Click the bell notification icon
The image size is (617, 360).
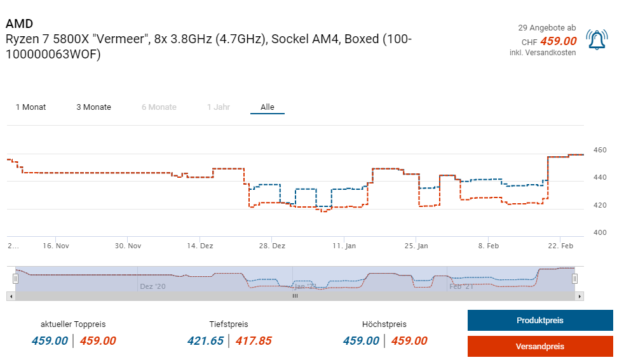(x=596, y=39)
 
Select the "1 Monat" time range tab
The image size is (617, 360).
(x=31, y=107)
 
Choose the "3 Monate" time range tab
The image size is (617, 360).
(x=93, y=107)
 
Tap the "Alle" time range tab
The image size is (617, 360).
(x=268, y=107)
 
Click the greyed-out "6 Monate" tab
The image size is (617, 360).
(x=159, y=107)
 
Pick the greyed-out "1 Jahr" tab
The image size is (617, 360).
(x=218, y=107)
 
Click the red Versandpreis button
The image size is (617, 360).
(x=539, y=347)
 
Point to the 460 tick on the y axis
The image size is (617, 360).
(x=600, y=150)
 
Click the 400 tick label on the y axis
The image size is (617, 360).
(x=600, y=233)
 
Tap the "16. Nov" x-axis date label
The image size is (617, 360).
(x=55, y=246)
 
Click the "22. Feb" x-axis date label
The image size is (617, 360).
(x=560, y=246)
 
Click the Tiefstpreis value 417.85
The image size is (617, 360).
(x=254, y=341)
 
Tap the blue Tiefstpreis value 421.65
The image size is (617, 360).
(x=205, y=341)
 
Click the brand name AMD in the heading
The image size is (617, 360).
(x=19, y=24)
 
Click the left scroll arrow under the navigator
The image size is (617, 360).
(x=11, y=296)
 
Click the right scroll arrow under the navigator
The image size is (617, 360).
(x=579, y=296)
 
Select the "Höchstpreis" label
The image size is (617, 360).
(x=384, y=324)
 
